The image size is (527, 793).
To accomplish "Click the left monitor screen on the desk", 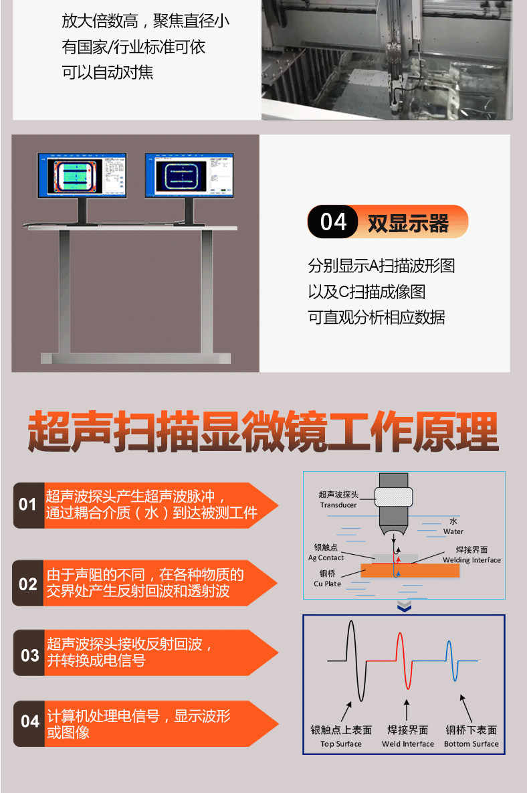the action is (82, 175).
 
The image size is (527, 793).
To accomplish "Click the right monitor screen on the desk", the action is (189, 175).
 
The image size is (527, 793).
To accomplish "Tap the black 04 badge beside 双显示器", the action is (333, 222).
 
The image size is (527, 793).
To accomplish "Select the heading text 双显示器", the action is (408, 223).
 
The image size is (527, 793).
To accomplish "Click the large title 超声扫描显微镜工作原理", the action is (263, 432).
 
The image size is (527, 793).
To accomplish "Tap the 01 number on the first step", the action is (28, 504).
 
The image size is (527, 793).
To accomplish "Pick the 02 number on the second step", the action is (28, 584).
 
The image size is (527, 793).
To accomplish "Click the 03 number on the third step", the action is (30, 655).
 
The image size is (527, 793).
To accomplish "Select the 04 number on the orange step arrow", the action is (30, 721).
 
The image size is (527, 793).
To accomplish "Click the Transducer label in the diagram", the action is (338, 505).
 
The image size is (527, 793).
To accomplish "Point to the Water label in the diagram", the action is (453, 531).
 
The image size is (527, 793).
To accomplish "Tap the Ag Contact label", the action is (326, 558).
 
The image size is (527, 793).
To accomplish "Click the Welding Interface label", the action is (472, 560).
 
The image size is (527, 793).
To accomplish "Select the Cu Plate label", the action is (328, 584).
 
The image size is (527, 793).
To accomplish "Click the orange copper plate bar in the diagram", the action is (410, 570).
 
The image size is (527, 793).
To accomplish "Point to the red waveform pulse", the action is (404, 660).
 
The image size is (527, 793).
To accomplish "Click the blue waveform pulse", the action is (451, 660).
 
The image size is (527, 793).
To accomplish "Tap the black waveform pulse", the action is (356, 660).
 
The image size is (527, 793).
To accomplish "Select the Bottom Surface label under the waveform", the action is (471, 744).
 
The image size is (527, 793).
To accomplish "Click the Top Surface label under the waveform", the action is (341, 744).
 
